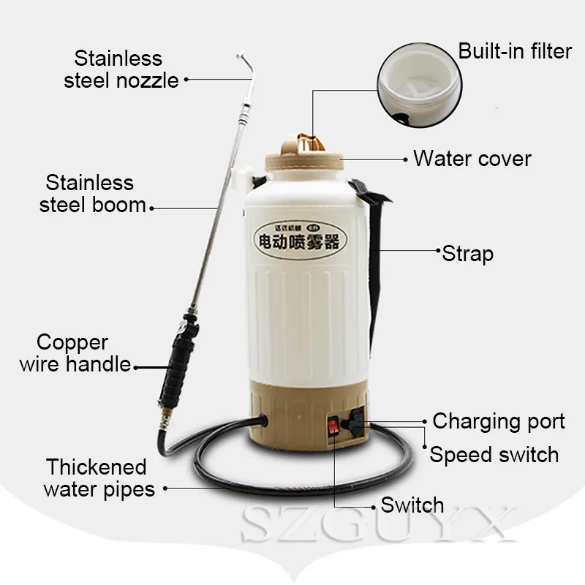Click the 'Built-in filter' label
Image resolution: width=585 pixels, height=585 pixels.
pyautogui.click(x=515, y=51)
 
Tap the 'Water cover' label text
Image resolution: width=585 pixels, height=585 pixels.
pyautogui.click(x=472, y=158)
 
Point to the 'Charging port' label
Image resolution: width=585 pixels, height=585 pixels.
pyautogui.click(x=499, y=421)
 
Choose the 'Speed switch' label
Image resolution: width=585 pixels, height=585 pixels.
pyautogui.click(x=494, y=454)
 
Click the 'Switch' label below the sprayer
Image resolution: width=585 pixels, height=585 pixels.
pyautogui.click(x=412, y=505)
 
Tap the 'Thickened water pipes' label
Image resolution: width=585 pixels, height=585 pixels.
pyautogui.click(x=99, y=478)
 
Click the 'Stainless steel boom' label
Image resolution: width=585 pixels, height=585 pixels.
pyautogui.click(x=91, y=193)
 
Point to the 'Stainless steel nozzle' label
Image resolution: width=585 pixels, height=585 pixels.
pyautogui.click(x=121, y=69)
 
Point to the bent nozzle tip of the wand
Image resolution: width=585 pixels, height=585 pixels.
pyautogui.click(x=245, y=61)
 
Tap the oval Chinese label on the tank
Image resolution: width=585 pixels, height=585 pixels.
pyautogui.click(x=296, y=238)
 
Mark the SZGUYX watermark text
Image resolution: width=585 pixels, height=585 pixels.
pyautogui.click(x=380, y=529)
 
